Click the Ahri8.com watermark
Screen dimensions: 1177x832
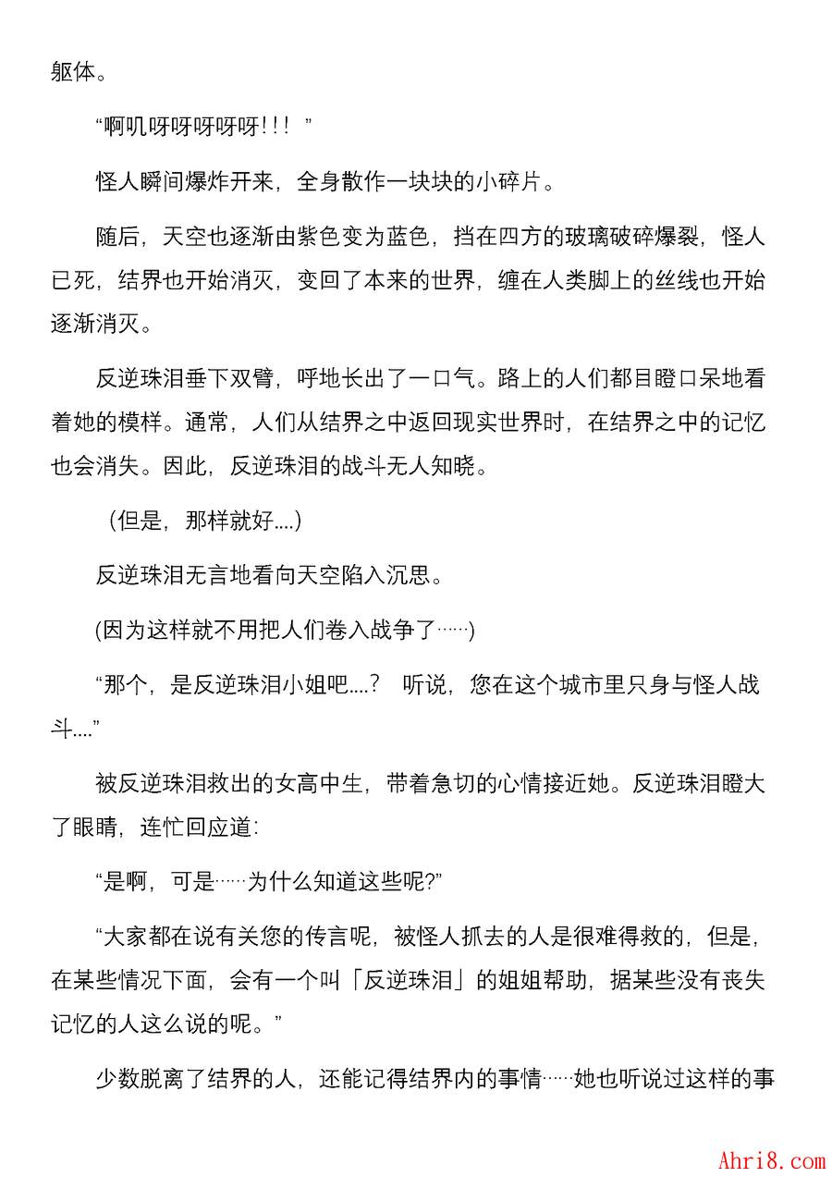pos(771,1159)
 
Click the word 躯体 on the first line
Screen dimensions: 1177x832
pos(73,72)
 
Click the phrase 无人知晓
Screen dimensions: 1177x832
pos(442,467)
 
